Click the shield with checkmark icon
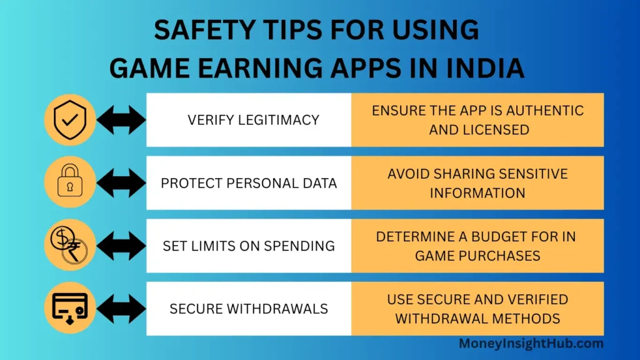(70, 119)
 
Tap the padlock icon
(70, 182)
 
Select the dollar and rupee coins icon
(70, 245)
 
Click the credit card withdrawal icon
(70, 308)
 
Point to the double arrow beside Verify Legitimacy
(121, 119)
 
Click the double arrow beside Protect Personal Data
(121, 182)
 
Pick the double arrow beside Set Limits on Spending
(121, 246)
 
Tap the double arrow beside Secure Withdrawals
(121, 308)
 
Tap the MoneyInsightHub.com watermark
(531, 343)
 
